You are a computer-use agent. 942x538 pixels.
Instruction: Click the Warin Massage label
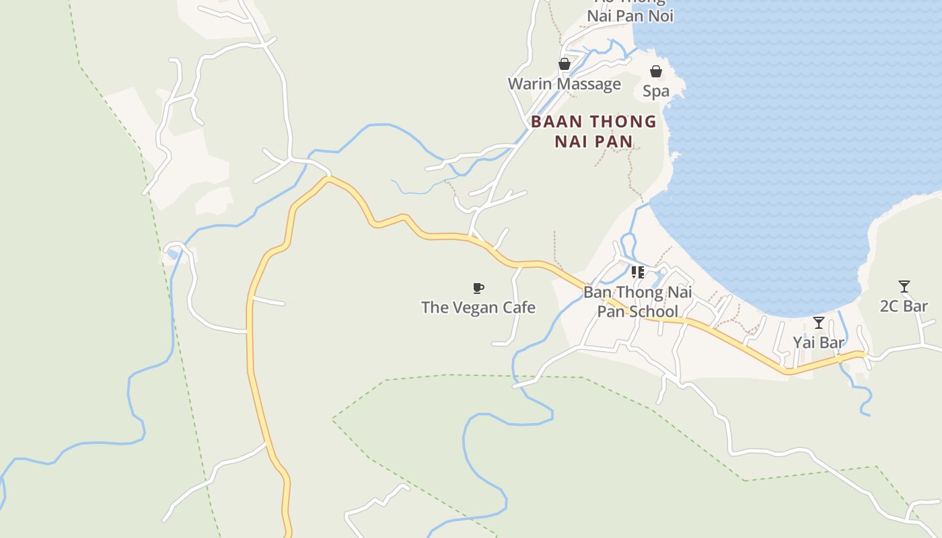(564, 84)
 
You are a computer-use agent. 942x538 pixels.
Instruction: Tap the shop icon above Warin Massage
(565, 64)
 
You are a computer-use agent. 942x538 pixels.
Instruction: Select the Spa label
(656, 91)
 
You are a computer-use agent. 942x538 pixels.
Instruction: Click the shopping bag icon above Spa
(656, 71)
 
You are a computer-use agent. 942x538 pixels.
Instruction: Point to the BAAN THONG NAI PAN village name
(593, 131)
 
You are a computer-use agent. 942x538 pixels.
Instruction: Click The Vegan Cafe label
(478, 307)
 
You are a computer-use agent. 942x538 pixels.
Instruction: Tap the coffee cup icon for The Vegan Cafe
(478, 289)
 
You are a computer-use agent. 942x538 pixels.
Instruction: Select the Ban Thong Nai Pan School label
(637, 302)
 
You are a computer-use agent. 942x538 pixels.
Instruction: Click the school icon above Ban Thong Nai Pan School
(637, 272)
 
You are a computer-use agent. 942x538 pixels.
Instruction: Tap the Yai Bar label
(818, 342)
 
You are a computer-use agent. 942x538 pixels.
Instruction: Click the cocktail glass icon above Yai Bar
(818, 323)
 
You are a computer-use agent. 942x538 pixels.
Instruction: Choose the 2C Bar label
(904, 306)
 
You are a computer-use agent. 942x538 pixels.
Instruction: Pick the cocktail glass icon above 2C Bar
(904, 286)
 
